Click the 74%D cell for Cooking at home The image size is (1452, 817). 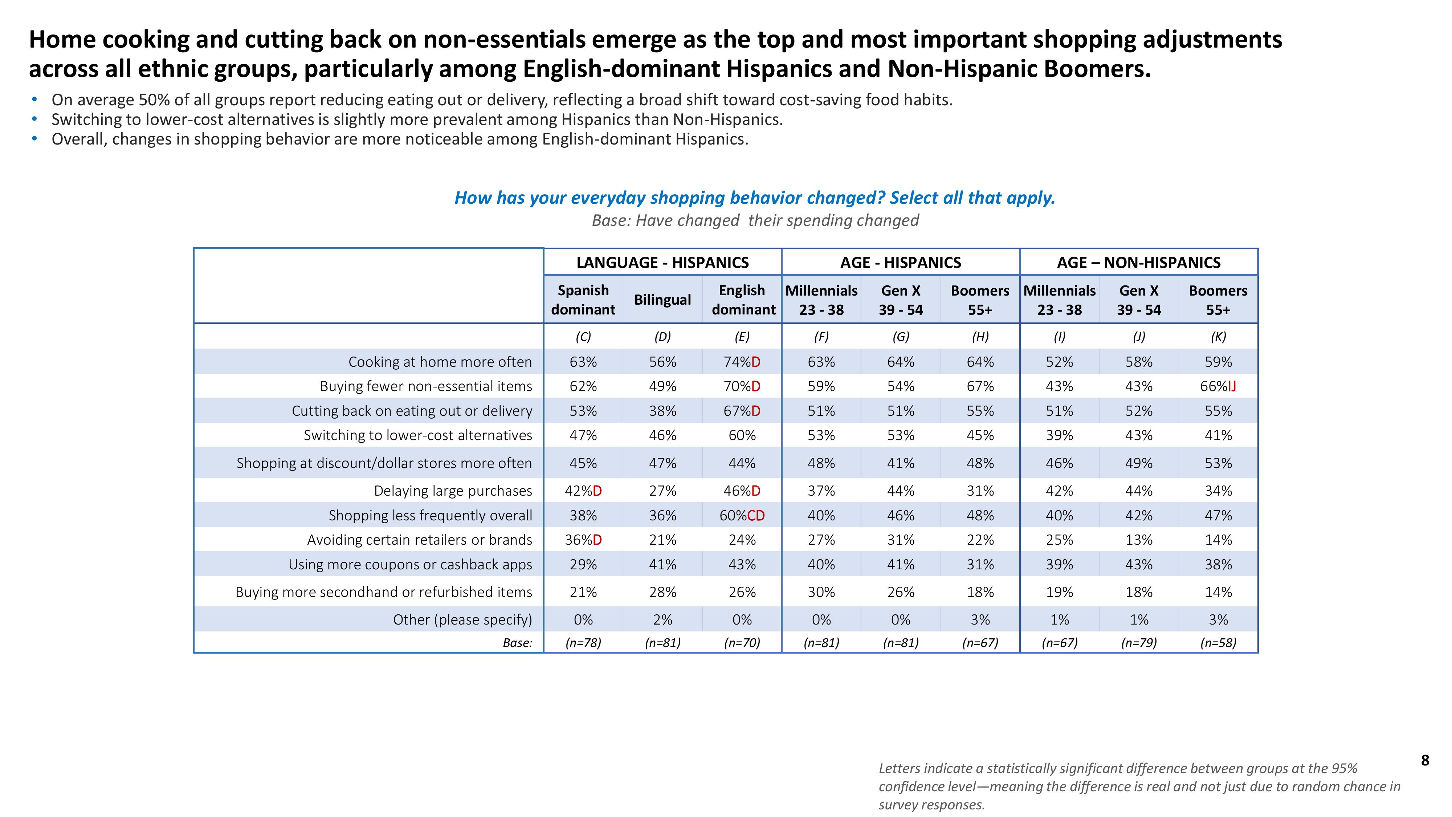coord(742,362)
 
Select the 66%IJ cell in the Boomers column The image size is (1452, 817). coord(1218,386)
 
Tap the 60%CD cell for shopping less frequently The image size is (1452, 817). coord(742,515)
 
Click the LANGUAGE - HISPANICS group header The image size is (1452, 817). coord(662,263)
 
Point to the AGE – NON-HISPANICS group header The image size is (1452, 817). coord(1139,263)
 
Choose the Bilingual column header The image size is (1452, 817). coord(662,300)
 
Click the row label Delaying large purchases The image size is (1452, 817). coord(453,491)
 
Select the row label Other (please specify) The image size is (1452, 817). coord(462,620)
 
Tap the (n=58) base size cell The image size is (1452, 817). coord(1218,643)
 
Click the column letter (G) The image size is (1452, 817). coord(901,337)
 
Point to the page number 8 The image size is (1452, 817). coord(1425,761)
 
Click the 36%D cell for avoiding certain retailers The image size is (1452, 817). coord(583,540)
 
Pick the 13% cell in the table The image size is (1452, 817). coord(1139,540)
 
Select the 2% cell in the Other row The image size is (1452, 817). coord(662,620)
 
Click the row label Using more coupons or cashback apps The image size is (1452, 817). coord(410,564)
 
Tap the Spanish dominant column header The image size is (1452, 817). coord(583,300)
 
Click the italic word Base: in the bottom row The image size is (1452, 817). coord(517,643)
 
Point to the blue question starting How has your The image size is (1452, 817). coord(755,198)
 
